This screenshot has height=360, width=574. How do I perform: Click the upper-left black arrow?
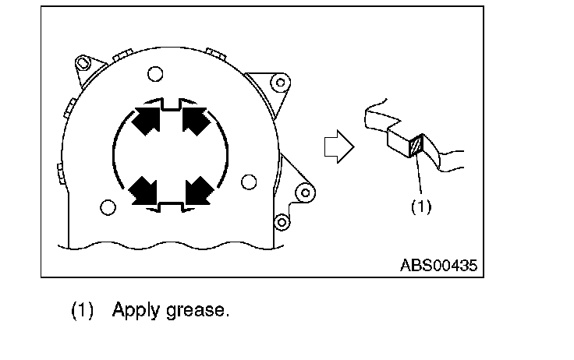coord(147,119)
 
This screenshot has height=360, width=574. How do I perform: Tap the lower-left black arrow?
coord(144,189)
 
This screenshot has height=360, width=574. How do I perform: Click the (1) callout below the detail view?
coord(420,206)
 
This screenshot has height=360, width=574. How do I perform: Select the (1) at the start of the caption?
coord(83,310)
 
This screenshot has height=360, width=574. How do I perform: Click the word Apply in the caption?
coord(136,311)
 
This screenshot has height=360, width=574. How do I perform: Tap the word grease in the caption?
coord(198,311)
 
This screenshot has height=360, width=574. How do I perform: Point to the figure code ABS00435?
coord(438,264)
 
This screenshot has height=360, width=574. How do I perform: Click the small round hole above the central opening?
coord(154,75)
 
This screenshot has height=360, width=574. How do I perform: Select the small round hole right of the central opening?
coord(249,182)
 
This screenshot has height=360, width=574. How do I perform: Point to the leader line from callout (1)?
coord(420,175)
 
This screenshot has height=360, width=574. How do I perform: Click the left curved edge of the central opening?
coord(116,154)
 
